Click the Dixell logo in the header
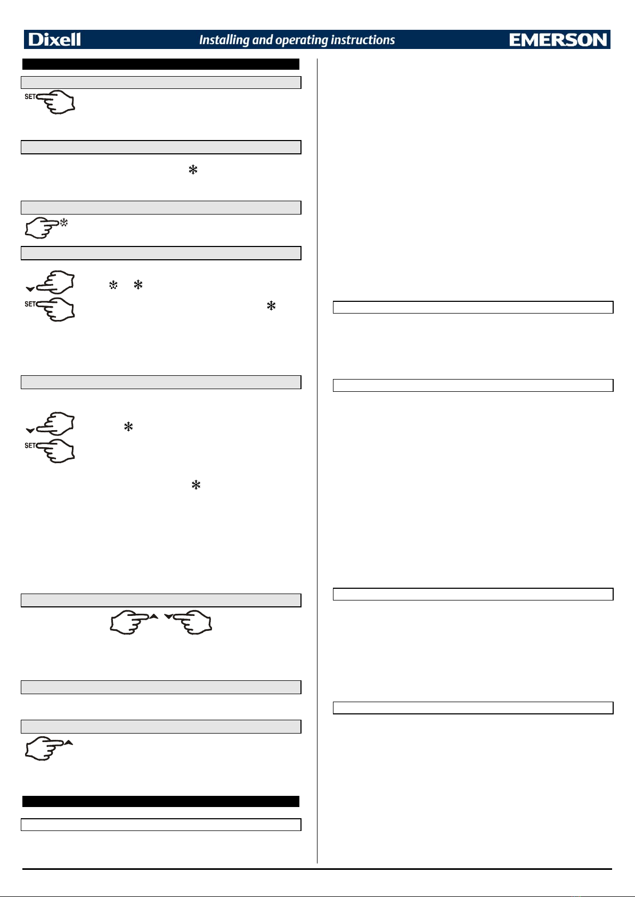pos(54,39)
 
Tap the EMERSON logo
pos(558,39)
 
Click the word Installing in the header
pos(224,39)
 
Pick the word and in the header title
pos(263,39)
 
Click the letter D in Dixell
pos(35,39)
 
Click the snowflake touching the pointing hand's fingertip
pos(64,222)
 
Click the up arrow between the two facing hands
pos(154,616)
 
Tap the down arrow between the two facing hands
pos(169,616)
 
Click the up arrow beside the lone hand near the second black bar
pos(69,743)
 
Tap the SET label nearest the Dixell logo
pos(30,96)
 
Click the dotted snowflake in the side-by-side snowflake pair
pos(113,285)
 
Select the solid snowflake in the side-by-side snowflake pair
pos(138,285)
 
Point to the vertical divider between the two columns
pos(318,460)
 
